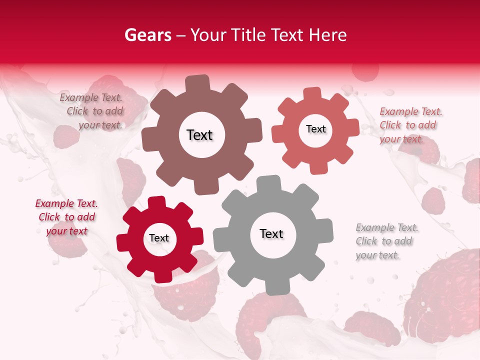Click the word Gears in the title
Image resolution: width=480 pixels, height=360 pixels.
[147, 35]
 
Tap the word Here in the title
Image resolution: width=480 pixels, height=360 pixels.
[327, 35]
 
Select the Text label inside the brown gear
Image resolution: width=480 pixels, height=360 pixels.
[199, 135]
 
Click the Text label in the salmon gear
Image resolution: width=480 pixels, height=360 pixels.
[315, 129]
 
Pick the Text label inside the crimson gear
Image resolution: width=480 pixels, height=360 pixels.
[159, 238]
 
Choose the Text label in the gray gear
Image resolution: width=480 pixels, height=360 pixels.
[271, 233]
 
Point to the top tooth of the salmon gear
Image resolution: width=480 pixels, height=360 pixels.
[312, 93]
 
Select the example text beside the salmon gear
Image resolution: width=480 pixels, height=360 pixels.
[410, 125]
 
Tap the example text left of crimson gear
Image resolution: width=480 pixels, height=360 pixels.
[67, 217]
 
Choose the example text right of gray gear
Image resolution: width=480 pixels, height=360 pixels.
[386, 241]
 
